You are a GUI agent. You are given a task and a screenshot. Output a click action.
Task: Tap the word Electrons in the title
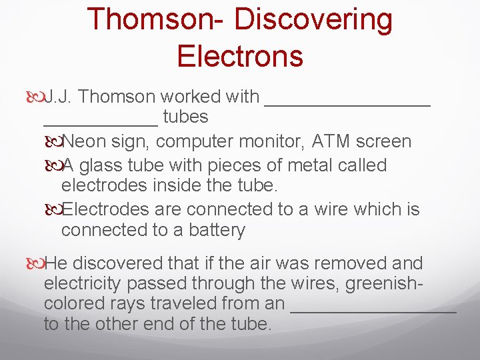point(240,56)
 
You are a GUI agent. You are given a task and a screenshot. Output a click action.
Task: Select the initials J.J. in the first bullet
point(58,97)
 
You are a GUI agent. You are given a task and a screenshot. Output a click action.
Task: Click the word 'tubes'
point(185,117)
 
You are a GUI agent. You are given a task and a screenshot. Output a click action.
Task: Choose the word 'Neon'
point(83,141)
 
